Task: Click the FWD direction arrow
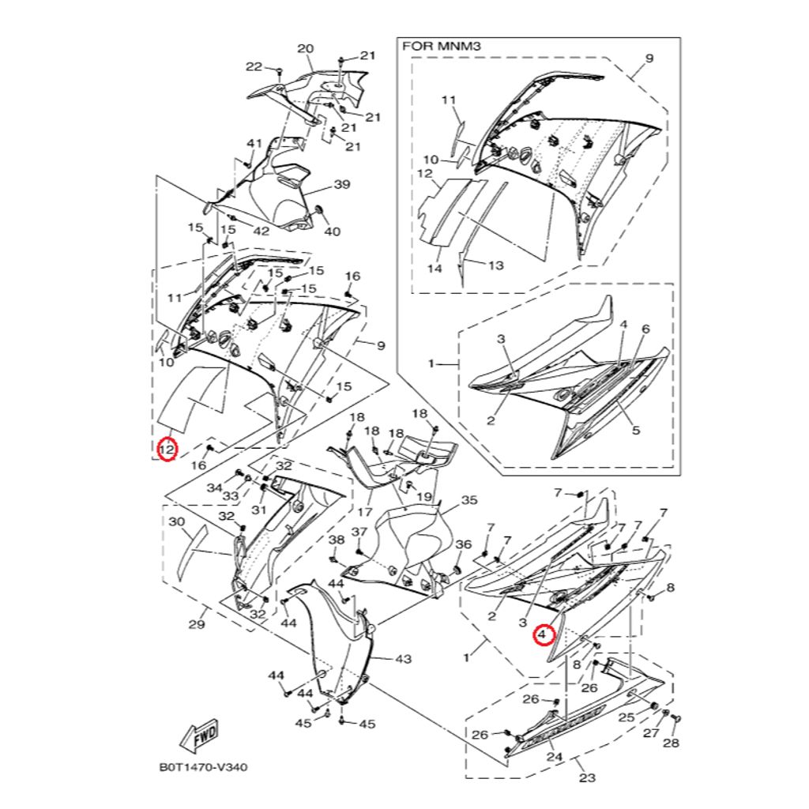[x=199, y=736]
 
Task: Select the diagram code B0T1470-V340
[x=203, y=767]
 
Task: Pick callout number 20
[x=306, y=49]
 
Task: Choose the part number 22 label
[x=254, y=66]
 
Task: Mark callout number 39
[x=342, y=184]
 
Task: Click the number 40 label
[x=333, y=231]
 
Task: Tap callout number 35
[x=469, y=500]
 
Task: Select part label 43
[x=404, y=659]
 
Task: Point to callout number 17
[x=364, y=512]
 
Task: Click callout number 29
[x=197, y=625]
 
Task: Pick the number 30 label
[x=176, y=522]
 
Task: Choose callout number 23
[x=587, y=777]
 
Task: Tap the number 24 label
[x=554, y=757]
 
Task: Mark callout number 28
[x=672, y=743]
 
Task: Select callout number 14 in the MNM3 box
[x=435, y=269]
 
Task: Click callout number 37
[x=359, y=532]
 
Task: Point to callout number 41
[x=254, y=143]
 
